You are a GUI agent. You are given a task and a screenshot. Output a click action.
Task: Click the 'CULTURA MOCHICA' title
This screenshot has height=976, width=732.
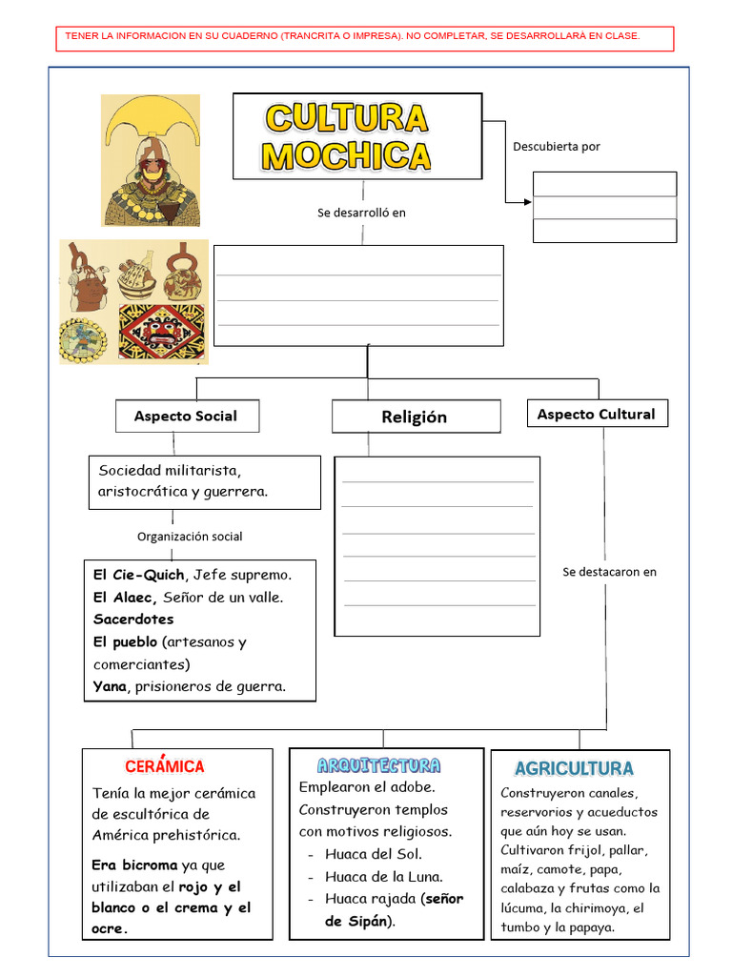point(348,136)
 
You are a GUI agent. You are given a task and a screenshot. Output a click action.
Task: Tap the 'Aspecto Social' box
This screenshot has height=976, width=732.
point(186,416)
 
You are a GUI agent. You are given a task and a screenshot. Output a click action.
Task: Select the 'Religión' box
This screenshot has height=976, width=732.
point(415,417)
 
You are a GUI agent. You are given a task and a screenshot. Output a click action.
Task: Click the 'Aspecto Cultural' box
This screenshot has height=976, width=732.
point(596,414)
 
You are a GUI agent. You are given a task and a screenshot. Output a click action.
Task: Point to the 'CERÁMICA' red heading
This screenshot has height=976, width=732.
point(164,766)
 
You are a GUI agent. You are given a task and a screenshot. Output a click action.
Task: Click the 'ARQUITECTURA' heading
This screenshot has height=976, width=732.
point(379,765)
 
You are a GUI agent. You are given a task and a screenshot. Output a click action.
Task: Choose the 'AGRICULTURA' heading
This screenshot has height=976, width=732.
point(574,768)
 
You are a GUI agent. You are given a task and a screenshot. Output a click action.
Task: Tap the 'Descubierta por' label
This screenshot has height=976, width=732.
point(557,147)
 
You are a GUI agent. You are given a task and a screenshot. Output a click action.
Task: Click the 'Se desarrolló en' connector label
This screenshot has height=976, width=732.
point(361,213)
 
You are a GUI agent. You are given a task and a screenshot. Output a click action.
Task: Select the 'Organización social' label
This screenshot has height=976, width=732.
point(190,537)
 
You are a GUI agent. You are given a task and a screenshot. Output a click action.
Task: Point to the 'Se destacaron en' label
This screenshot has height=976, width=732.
point(609,572)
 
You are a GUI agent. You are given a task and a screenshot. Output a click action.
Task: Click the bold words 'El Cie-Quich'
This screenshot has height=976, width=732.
point(138,575)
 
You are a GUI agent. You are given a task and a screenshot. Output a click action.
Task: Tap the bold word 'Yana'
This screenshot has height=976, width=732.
point(109,686)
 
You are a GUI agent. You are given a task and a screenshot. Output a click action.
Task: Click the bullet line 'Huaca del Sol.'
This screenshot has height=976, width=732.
point(373,854)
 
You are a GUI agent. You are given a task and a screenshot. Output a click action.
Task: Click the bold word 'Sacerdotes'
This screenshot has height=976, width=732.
point(133,620)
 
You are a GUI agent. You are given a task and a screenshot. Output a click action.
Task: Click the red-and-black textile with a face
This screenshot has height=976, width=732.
point(161,333)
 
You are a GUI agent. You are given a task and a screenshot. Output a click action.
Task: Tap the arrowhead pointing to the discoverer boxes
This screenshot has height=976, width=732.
point(527,201)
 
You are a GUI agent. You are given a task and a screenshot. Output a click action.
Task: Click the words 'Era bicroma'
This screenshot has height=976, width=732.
point(134,865)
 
